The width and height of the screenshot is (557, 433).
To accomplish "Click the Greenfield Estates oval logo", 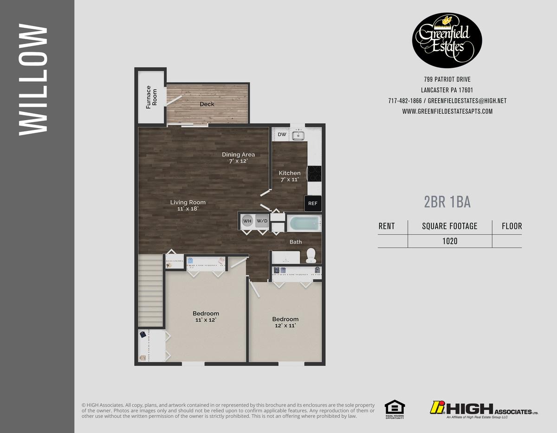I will coord(447,40).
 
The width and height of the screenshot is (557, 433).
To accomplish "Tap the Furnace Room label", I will coord(151,97).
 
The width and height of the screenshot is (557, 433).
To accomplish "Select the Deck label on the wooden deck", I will coord(207,104).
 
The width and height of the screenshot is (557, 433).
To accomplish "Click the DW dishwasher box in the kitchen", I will coord(282,135).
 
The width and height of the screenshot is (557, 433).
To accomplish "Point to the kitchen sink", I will coord(298,135).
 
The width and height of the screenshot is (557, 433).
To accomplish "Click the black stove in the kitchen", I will coord(315,174).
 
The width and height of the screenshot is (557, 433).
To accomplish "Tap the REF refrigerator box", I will coord(313,203).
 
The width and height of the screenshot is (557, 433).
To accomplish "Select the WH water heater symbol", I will coord(247,221).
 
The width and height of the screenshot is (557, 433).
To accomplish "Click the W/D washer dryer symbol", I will coord(262,221).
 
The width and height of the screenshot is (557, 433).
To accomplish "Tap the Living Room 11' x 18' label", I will coord(188,205).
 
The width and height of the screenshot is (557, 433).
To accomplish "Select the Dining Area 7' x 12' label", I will coord(238,158).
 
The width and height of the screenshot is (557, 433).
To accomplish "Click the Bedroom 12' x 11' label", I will coord(285,322).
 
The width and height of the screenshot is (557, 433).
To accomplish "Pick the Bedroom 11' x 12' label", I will coord(206,317).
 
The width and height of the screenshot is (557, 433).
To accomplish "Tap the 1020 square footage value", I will coord(449,241).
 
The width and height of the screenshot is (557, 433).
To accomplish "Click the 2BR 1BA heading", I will coord(447,202).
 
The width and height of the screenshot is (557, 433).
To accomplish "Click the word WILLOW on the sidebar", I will coord(33,80).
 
